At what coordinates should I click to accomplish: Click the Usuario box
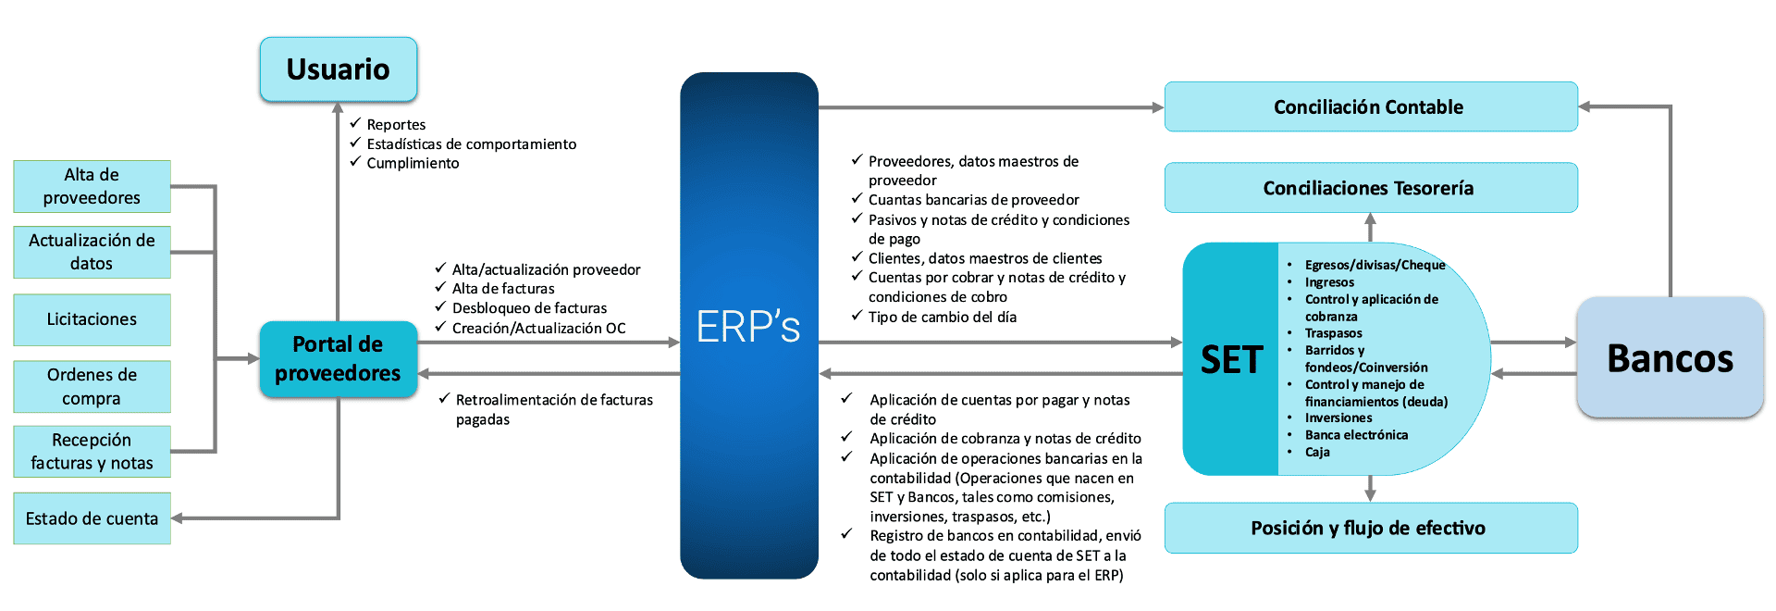point(339,69)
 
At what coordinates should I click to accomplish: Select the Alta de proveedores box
point(92,186)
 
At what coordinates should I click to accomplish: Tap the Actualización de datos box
point(92,252)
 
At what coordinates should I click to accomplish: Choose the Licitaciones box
point(92,319)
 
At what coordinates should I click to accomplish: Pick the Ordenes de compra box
point(92,386)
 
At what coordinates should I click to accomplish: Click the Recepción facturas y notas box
point(92,452)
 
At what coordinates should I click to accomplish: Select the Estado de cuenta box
point(92,518)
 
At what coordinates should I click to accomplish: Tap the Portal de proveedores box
point(339,359)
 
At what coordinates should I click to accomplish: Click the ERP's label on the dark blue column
point(748,327)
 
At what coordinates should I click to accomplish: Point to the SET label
point(1231,359)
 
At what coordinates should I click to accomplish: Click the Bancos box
point(1670,358)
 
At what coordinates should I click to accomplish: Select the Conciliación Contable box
point(1370,107)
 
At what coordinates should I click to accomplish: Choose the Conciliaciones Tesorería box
point(1370,188)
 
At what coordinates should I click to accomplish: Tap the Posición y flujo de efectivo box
point(1370,529)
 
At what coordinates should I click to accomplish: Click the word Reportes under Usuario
point(396,125)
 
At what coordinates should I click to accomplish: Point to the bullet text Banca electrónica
point(1356,435)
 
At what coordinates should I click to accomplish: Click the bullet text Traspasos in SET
point(1333,333)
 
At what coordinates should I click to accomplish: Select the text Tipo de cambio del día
point(942,318)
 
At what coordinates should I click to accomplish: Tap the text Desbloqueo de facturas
point(529,308)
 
